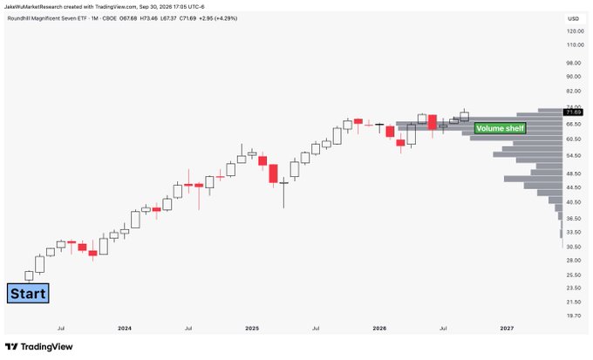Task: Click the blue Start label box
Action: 28,294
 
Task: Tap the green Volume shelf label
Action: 500,129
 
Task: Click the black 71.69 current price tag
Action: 573,112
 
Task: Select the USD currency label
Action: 573,18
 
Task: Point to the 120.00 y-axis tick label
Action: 575,31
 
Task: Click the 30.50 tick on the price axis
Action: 574,247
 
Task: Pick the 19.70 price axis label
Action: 574,316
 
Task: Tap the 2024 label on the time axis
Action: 125,329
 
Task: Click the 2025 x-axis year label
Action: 252,329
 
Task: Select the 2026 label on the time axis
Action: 379,329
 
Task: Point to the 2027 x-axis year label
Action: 507,329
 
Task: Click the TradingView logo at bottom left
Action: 39,347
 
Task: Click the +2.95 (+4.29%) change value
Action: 220,18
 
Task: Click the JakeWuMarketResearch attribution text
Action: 33,7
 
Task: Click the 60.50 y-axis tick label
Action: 574,139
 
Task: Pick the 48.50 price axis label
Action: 574,174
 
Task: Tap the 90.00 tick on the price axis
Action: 574,77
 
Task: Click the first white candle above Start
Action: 29,275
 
